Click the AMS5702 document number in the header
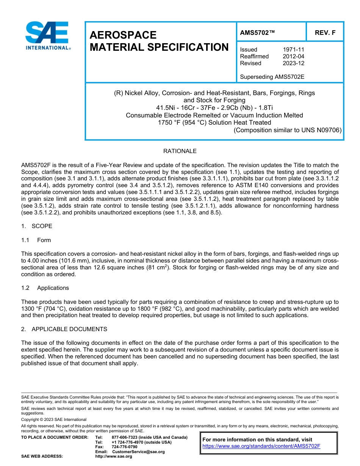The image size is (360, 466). [257, 33]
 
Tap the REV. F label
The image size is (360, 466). [325, 33]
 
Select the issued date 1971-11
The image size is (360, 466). [293, 50]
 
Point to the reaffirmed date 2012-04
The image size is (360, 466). [293, 56]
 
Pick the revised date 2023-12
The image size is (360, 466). [293, 63]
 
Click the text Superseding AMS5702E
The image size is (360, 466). [272, 77]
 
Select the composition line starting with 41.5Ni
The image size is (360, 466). [214, 108]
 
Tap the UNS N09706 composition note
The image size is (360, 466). [288, 130]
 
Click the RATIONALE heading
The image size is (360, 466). [180, 151]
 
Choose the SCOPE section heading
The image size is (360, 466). [42, 226]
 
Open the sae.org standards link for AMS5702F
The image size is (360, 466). [261, 446]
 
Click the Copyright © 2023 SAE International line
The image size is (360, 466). [54, 419]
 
